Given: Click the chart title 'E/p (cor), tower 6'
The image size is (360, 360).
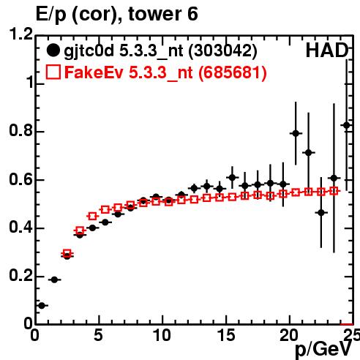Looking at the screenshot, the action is coord(116,14).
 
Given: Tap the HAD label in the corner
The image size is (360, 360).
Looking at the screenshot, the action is coord(327,50).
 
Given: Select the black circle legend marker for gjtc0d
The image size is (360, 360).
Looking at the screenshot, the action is coord(53,50).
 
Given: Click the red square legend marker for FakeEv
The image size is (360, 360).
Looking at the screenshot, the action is coord(53,72).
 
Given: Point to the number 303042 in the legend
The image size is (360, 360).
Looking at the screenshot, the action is coord(223,50).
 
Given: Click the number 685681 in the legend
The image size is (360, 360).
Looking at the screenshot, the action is coord(232,72).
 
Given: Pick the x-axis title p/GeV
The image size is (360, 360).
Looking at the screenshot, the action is coord(323,349).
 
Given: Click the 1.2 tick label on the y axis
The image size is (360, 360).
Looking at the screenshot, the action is coord(20,34).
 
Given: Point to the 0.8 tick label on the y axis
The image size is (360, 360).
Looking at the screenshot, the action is coord(20,130).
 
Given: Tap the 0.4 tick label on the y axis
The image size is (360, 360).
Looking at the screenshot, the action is coord(20,227).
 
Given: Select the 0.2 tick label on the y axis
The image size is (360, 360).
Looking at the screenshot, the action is coord(20,275).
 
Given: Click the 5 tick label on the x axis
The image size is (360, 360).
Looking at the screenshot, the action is coord(98,335).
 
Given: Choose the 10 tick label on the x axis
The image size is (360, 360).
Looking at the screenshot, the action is coord(162,335).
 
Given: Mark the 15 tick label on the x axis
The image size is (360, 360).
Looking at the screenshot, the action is coord(226,335).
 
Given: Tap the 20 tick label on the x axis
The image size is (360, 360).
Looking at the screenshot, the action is coord(290,335).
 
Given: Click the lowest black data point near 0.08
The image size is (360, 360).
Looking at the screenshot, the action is coord(42,305).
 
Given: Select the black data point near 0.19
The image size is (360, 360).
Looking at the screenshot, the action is coord(54,280).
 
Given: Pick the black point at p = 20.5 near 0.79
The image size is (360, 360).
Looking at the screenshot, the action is coord(296,133).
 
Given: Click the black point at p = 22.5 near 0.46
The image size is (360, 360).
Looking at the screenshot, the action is coord(321,213).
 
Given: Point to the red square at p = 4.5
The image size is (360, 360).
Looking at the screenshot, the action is coord(92,216).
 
